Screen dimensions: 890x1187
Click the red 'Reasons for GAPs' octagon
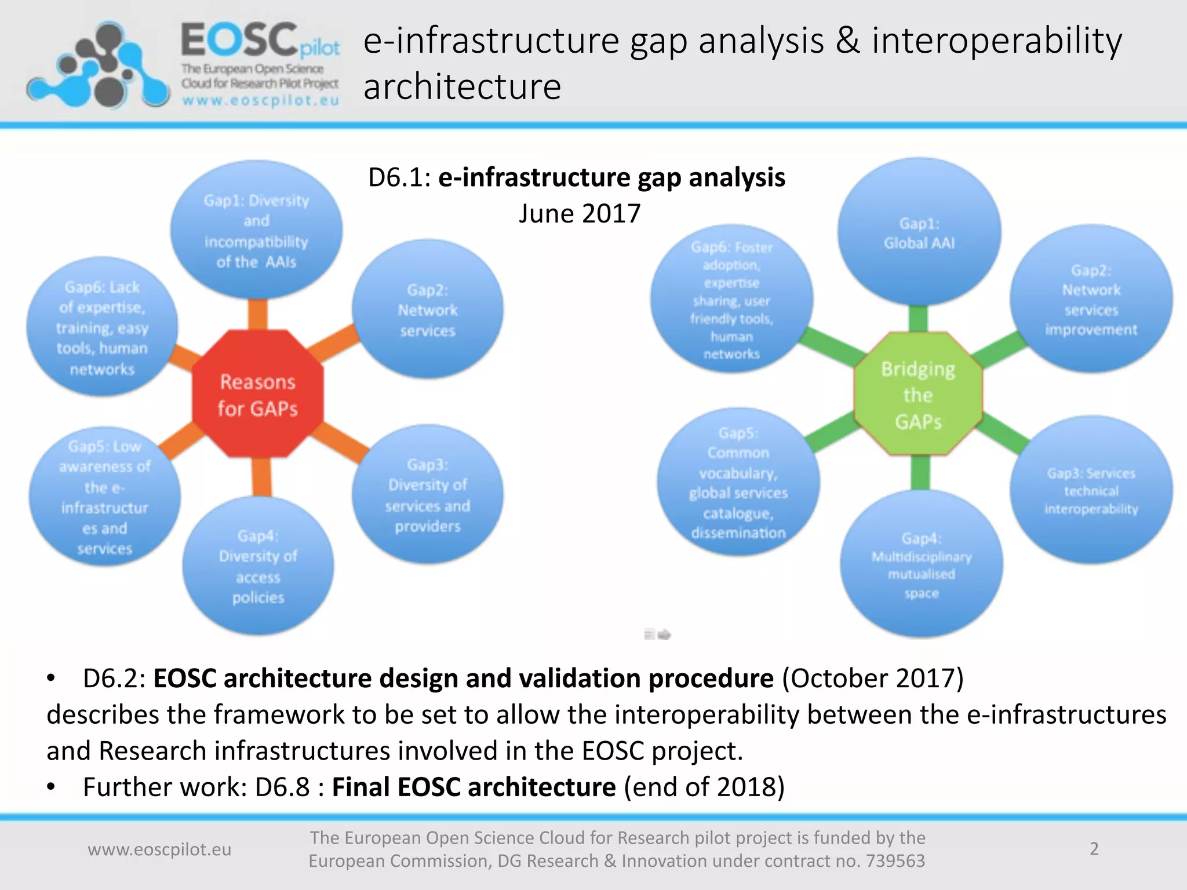pyautogui.click(x=257, y=395)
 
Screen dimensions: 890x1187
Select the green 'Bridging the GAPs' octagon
pyautogui.click(x=918, y=395)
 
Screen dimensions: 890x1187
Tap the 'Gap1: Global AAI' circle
pyautogui.click(x=919, y=232)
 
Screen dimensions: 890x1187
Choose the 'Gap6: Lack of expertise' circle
pyautogui.click(x=102, y=327)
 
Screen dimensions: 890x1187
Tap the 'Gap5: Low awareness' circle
pyautogui.click(x=105, y=497)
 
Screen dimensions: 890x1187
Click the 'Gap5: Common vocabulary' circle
pyautogui.click(x=738, y=482)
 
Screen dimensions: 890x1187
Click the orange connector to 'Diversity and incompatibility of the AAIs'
pyautogui.click(x=257, y=315)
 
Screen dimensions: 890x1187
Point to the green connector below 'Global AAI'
pyautogui.click(x=918, y=318)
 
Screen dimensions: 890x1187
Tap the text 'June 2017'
pyautogui.click(x=580, y=214)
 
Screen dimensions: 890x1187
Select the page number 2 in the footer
pyautogui.click(x=1094, y=849)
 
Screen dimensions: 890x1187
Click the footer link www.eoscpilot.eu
pyautogui.click(x=159, y=849)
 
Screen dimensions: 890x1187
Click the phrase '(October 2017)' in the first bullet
pyautogui.click(x=872, y=679)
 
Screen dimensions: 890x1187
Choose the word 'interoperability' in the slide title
pyautogui.click(x=997, y=42)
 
